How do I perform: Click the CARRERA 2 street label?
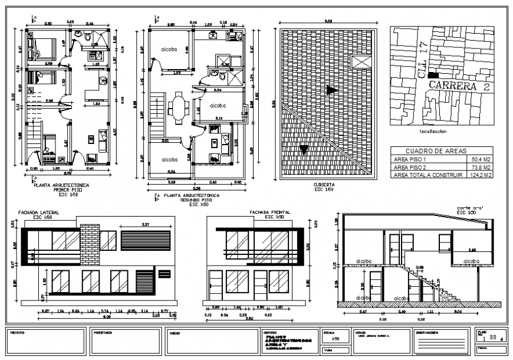(460, 86)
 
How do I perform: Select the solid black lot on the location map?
(434, 76)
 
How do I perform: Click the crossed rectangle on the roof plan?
(361, 61)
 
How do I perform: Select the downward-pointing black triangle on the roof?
(304, 150)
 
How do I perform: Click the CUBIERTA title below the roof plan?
(325, 185)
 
